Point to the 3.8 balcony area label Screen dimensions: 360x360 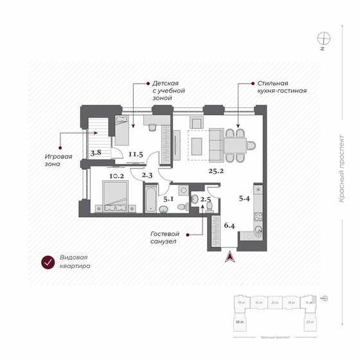(x=96, y=153)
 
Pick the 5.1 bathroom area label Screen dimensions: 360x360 (x=168, y=199)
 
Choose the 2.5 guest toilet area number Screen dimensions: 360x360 (x=205, y=199)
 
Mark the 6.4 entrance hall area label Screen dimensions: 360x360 (x=230, y=225)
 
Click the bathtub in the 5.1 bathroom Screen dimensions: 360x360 (x=150, y=199)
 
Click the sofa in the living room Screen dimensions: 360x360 (x=213, y=144)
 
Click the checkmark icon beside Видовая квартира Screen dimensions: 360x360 (x=47, y=262)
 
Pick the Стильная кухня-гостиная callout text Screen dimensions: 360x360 (x=282, y=87)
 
